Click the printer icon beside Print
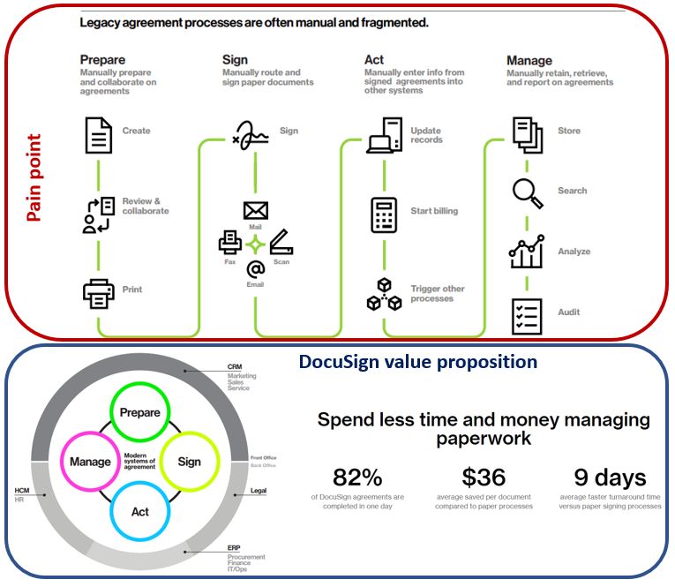click(99, 294)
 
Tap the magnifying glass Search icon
click(528, 193)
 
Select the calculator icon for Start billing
click(384, 214)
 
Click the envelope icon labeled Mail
click(256, 211)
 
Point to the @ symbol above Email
click(256, 269)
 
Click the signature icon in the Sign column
click(251, 135)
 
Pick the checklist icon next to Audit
click(527, 317)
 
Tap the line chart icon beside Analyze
click(527, 252)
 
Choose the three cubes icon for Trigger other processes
click(384, 294)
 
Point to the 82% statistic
click(357, 478)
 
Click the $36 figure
click(484, 478)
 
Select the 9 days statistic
click(610, 478)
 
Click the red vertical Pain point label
click(34, 177)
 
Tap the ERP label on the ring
click(234, 548)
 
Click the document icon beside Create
click(99, 135)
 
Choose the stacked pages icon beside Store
click(528, 135)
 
